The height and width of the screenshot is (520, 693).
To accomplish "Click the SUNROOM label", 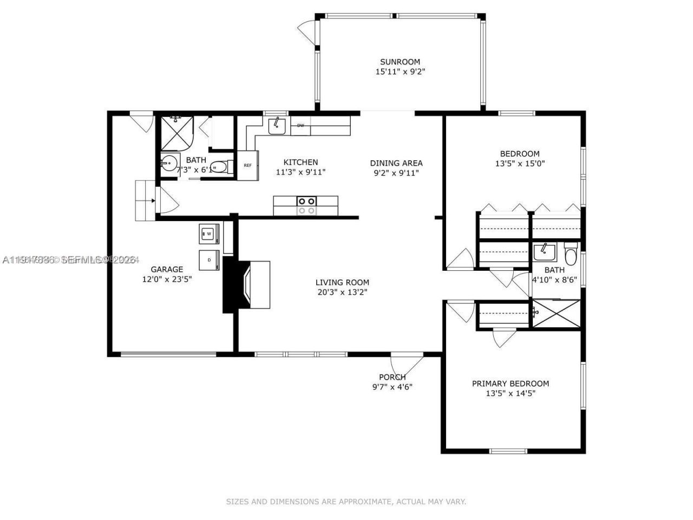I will pyautogui.click(x=400, y=62).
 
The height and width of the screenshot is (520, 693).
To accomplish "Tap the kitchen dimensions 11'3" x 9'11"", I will pyautogui.click(x=300, y=172).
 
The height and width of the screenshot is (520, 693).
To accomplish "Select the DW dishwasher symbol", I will pyautogui.click(x=300, y=126).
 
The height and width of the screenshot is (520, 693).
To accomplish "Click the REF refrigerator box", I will pyautogui.click(x=247, y=165).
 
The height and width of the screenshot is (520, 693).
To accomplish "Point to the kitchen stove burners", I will pyautogui.click(x=306, y=206).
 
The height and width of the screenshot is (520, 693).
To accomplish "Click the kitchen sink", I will pyautogui.click(x=277, y=126).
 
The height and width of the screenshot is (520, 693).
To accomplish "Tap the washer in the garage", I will pyautogui.click(x=208, y=234).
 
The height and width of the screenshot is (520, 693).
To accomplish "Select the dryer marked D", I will pyautogui.click(x=210, y=259).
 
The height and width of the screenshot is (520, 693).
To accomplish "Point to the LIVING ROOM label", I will pyautogui.click(x=342, y=282).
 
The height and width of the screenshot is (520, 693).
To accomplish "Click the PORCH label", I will pyautogui.click(x=392, y=377).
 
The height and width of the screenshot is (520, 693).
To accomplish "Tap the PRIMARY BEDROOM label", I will pyautogui.click(x=510, y=383).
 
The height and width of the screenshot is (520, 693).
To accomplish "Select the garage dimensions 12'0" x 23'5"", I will pyautogui.click(x=167, y=279).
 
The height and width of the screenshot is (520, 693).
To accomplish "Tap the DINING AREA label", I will pyautogui.click(x=396, y=163).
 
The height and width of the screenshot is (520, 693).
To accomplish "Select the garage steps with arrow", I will pyautogui.click(x=145, y=200).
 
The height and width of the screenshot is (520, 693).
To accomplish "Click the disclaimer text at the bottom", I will pyautogui.click(x=346, y=502).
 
